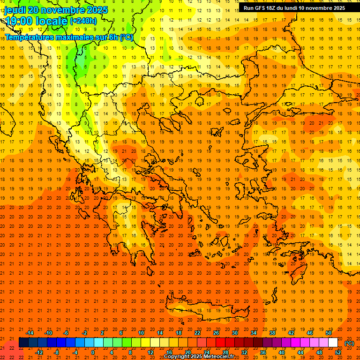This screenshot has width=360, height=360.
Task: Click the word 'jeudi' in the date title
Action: (x=15, y=10)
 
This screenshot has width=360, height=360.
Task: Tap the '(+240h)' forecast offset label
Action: (x=83, y=21)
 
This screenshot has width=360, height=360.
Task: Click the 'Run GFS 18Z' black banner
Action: (x=294, y=8)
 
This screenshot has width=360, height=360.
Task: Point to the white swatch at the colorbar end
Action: (x=333, y=343)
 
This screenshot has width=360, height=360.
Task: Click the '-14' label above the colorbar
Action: (x=30, y=333)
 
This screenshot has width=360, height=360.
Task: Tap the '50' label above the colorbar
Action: (x=329, y=333)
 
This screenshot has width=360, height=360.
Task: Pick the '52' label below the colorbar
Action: (x=338, y=352)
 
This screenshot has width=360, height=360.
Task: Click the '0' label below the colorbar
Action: (x=92, y=352)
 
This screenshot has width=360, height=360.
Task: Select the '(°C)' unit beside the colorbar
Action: (x=349, y=343)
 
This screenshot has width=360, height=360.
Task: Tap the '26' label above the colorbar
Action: (x=216, y=333)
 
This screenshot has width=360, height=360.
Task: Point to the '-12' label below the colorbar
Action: (x=39, y=352)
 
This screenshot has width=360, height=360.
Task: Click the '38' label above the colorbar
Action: (x=272, y=333)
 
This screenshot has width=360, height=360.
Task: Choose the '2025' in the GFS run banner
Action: (x=337, y=8)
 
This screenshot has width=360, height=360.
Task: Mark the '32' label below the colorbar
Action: (x=244, y=352)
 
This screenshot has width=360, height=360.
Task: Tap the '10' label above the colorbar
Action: (x=141, y=333)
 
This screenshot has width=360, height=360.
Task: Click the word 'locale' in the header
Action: (x=50, y=21)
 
